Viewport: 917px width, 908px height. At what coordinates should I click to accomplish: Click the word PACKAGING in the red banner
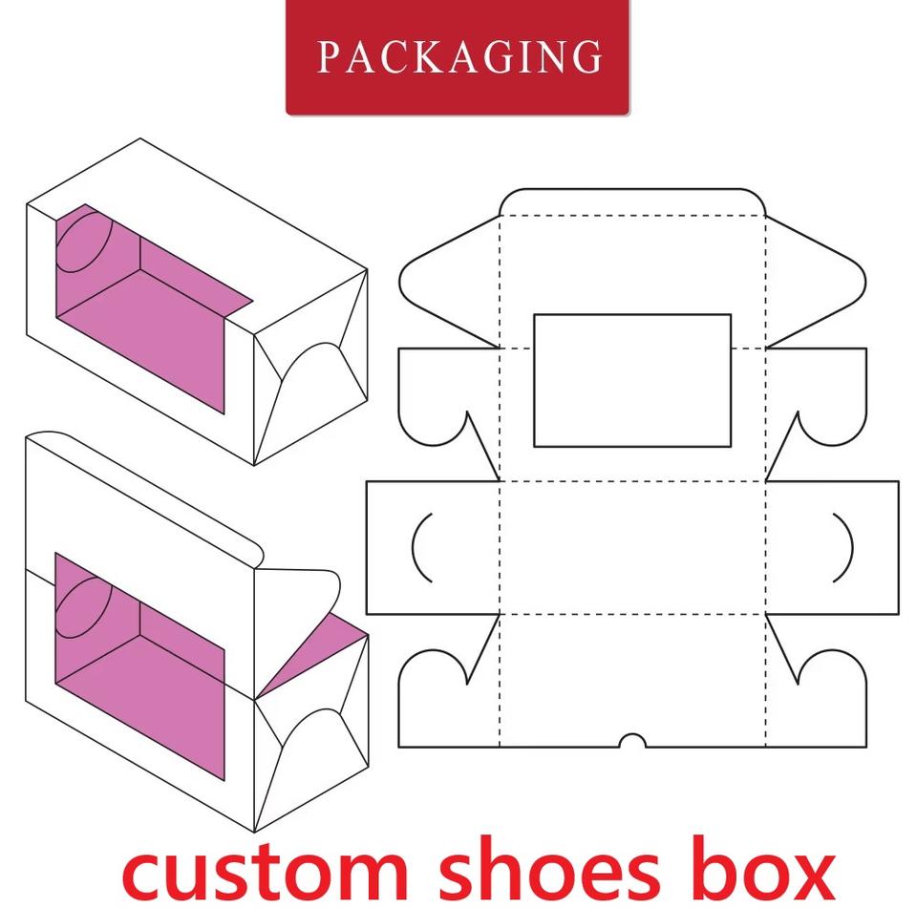[x=458, y=56]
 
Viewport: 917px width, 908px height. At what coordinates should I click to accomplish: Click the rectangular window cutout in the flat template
[x=631, y=380]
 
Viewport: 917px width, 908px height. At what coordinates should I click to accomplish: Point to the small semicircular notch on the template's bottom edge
[x=631, y=741]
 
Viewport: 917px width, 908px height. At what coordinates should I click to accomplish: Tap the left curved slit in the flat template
[x=421, y=547]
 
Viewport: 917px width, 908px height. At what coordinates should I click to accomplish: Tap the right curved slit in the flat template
[x=842, y=547]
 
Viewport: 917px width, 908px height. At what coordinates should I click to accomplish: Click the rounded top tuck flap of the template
[x=631, y=202]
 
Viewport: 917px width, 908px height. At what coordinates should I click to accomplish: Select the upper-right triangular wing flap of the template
[x=817, y=276]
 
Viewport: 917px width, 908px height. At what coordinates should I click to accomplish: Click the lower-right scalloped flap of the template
[x=821, y=702]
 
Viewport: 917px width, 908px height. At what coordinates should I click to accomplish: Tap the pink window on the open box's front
[x=143, y=659]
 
